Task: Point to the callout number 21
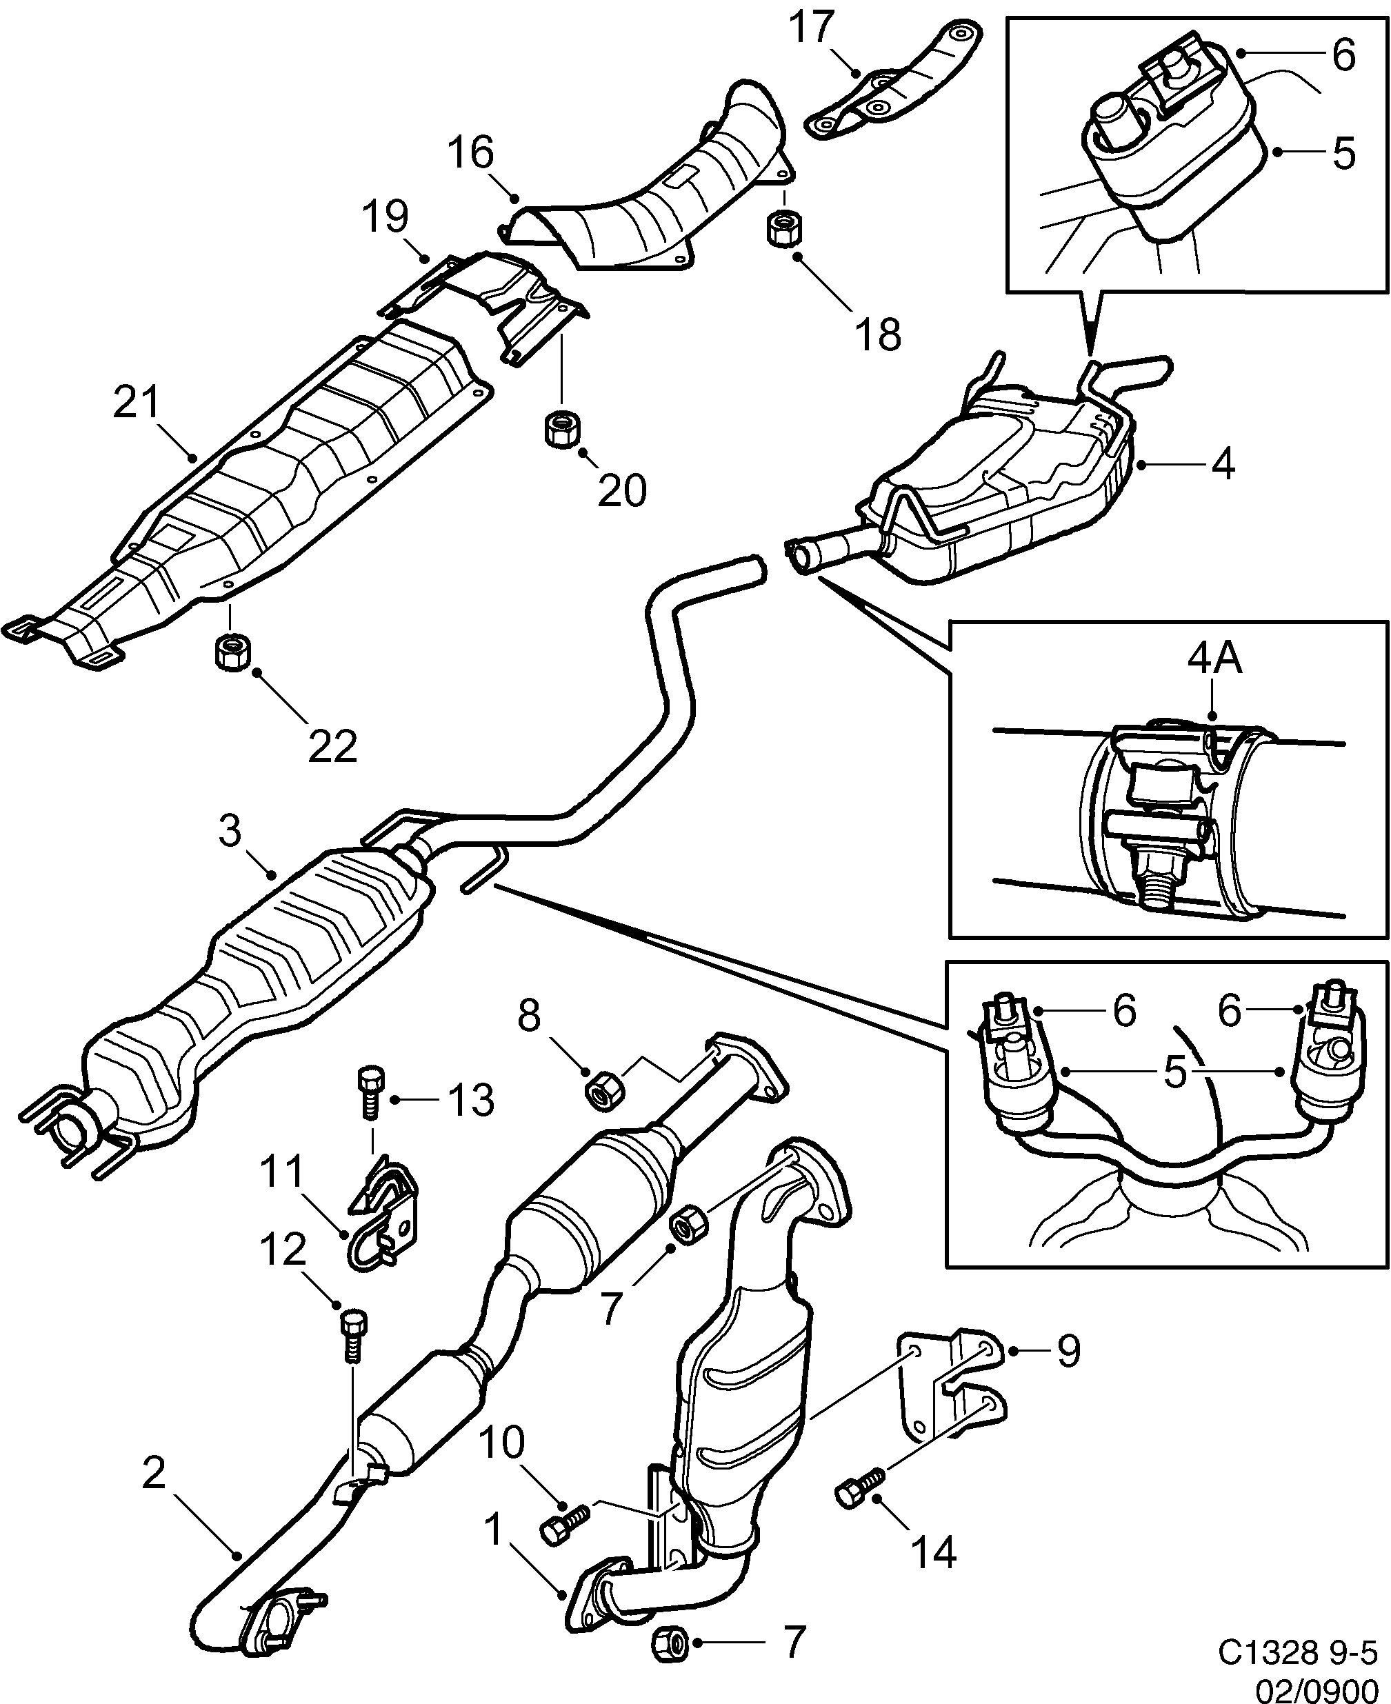coord(137,403)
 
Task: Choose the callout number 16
coord(471,152)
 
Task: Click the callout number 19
coord(386,217)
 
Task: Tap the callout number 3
coord(230,832)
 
